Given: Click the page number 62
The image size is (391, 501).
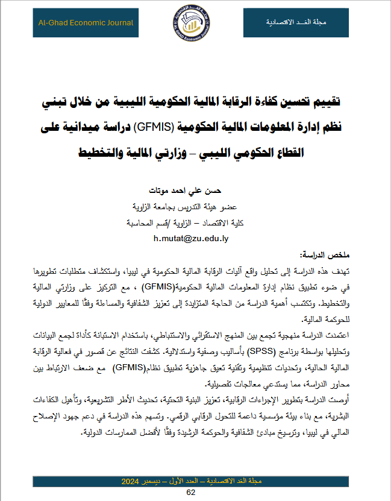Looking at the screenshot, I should tap(192, 493).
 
